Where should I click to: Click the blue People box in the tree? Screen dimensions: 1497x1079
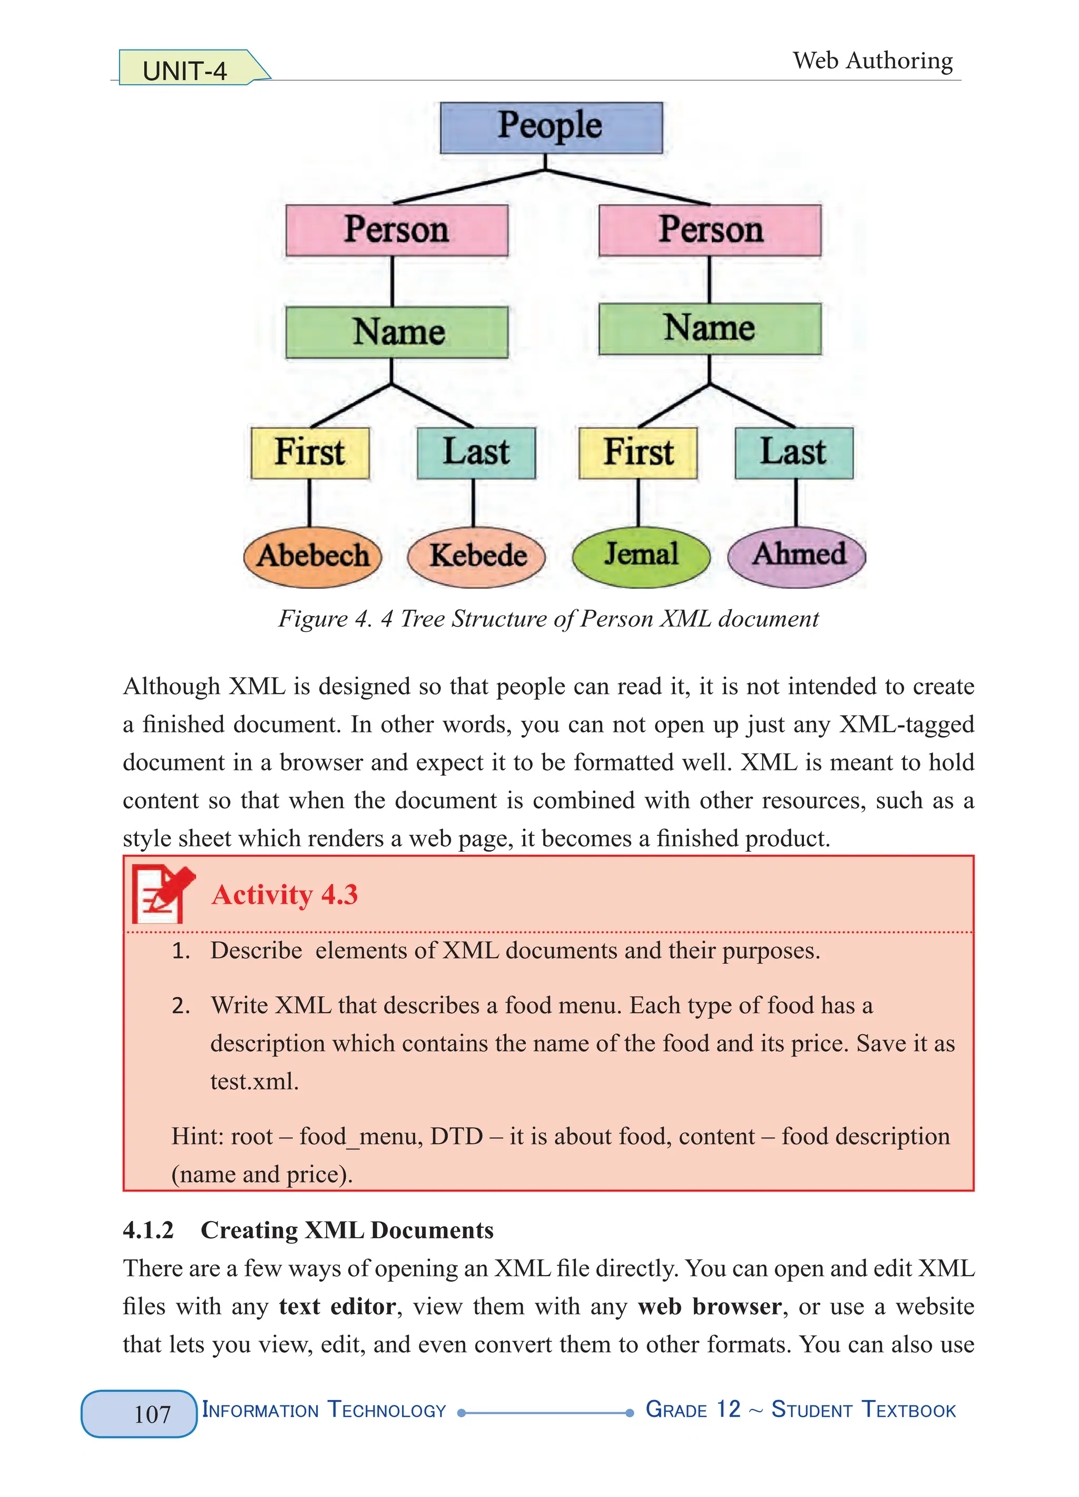coord(551,128)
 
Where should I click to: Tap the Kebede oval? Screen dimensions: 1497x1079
coord(476,556)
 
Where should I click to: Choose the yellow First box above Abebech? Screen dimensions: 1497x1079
coord(309,453)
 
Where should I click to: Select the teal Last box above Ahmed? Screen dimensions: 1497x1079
coord(793,453)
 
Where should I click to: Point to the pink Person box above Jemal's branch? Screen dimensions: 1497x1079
coord(710,230)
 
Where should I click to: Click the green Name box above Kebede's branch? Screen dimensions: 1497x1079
coord(397,331)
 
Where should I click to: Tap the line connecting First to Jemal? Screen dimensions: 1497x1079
coord(637,503)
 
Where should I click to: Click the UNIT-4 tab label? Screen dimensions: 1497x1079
coord(185,71)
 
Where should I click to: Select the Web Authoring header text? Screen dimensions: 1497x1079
coord(872,61)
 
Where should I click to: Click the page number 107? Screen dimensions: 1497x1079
coord(152,1414)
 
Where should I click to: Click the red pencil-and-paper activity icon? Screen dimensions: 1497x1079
coord(162,894)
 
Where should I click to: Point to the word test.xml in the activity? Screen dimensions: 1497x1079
coord(254,1081)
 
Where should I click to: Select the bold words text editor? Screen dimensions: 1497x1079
coord(337,1307)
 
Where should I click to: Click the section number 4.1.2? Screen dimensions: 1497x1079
coord(149,1230)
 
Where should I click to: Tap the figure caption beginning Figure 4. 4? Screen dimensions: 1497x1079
coord(548,619)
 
